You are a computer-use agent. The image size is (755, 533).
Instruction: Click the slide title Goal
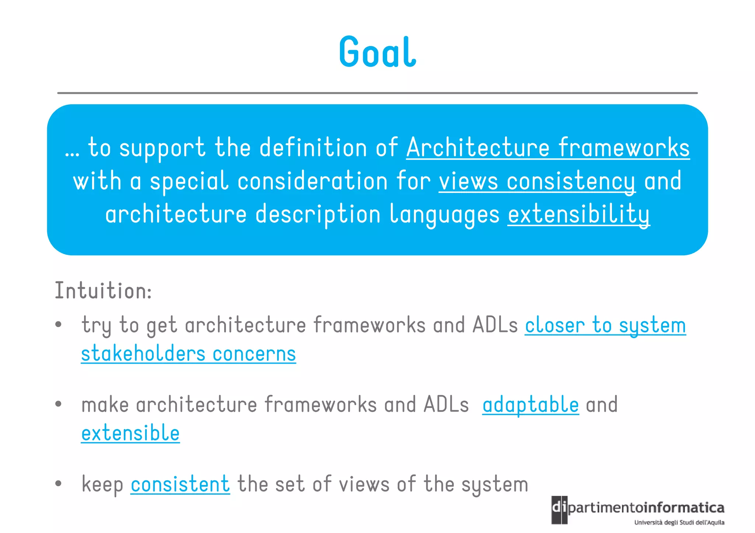click(377, 52)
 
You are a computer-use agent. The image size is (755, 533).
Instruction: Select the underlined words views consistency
click(537, 181)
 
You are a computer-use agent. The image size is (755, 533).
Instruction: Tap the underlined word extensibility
click(578, 214)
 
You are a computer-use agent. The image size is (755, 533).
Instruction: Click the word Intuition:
click(103, 291)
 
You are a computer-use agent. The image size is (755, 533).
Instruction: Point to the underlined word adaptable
click(530, 404)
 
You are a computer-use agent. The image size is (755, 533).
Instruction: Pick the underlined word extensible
click(131, 433)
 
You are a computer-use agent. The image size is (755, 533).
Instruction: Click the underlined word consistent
click(180, 484)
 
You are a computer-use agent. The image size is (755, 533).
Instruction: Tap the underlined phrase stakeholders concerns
click(188, 354)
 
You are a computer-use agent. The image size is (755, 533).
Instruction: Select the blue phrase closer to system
click(605, 326)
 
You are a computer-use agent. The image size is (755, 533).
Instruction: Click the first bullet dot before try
click(58, 325)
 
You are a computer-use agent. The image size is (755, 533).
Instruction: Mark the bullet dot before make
click(58, 404)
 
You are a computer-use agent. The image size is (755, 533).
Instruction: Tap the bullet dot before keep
click(58, 484)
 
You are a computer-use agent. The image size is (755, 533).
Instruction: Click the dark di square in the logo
click(559, 510)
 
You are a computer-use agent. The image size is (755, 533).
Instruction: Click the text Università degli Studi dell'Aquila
click(679, 522)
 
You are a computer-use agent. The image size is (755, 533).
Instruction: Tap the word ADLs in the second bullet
click(446, 404)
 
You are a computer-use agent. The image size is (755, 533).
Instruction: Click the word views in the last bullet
click(364, 484)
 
